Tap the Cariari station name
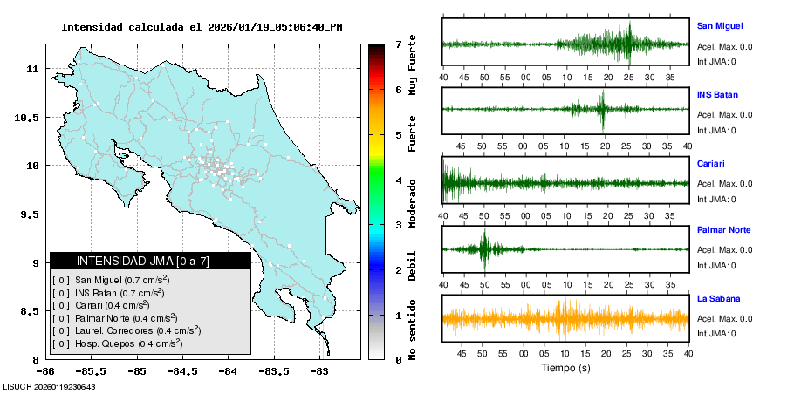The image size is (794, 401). (711, 163)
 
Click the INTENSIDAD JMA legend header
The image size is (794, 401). (150, 261)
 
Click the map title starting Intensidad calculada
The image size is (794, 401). (202, 27)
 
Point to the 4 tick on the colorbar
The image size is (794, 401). (398, 180)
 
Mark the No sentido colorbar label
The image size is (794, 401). (412, 332)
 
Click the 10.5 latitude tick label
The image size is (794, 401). (26, 117)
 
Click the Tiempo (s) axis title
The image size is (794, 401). (565, 368)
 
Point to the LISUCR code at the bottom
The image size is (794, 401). (49, 386)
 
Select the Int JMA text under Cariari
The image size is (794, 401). (716, 198)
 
